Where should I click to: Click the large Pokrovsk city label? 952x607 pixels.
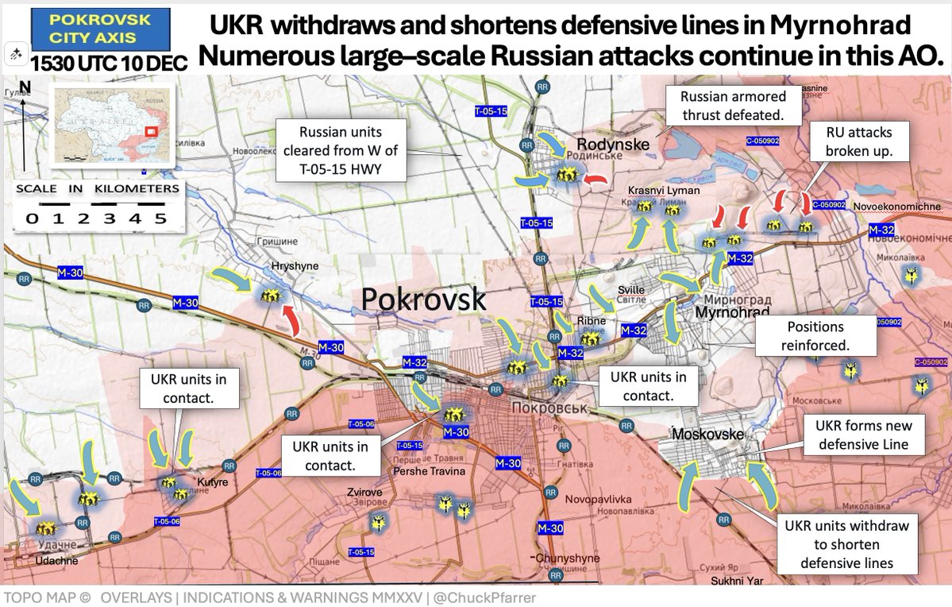pos(423,299)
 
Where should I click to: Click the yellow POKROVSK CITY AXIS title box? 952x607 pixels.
pos(100,29)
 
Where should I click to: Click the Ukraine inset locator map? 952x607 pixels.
pos(111,125)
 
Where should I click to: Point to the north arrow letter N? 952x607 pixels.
pos(25,87)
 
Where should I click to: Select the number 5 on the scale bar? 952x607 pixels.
pos(160,218)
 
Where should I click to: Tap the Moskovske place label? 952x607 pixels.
pos(708,435)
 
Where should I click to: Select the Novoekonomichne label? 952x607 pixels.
pos(898,207)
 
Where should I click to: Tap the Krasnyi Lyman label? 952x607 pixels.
pos(664,191)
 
